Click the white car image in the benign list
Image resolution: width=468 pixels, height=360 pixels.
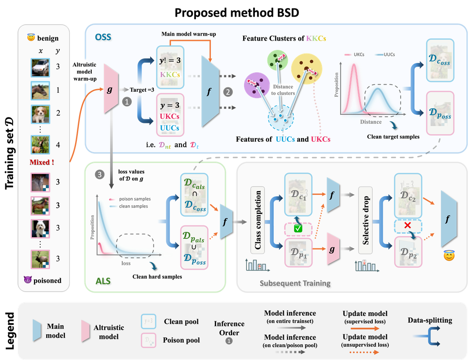pyautogui.click(x=40, y=67)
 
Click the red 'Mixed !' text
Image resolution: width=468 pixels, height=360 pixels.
pyautogui.click(x=42, y=162)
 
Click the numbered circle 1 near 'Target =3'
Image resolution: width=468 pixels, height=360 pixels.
pyautogui.click(x=127, y=102)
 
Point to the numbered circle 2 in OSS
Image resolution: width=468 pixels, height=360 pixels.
pyautogui.click(x=228, y=91)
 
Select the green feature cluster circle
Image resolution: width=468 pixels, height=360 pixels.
pyautogui.click(x=278, y=61)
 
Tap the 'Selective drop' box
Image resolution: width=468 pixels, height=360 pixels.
pyautogui.click(x=365, y=220)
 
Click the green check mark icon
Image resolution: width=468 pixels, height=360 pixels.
pyautogui.click(x=297, y=229)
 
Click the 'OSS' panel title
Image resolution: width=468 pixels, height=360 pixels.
pyautogui.click(x=103, y=37)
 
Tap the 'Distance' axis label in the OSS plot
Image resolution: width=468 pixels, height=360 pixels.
pyautogui.click(x=371, y=122)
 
